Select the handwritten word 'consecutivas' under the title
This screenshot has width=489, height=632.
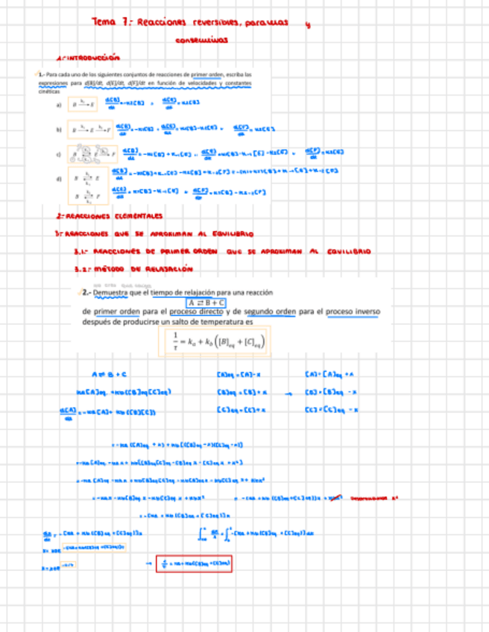[x=202, y=42]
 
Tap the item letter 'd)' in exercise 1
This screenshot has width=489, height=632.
[x=59, y=179]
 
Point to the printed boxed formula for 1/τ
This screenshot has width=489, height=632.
[x=216, y=342]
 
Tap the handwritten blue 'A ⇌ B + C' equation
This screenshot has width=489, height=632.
[x=109, y=373]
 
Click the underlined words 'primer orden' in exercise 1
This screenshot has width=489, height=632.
[x=207, y=75]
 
